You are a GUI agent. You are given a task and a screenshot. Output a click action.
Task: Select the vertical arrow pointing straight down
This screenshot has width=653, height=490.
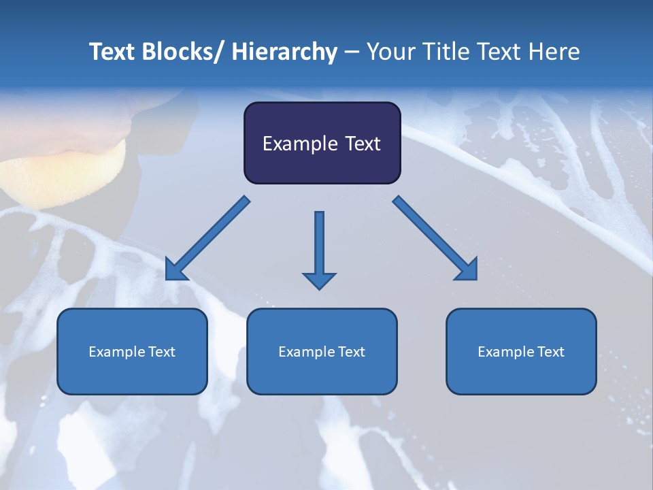(x=319, y=245)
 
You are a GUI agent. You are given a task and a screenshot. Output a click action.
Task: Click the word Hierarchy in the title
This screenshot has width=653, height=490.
(x=284, y=52)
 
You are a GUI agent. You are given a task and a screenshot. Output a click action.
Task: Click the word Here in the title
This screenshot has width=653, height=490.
(x=554, y=52)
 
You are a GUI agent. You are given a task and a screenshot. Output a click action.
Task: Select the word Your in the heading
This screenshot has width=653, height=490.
(x=390, y=52)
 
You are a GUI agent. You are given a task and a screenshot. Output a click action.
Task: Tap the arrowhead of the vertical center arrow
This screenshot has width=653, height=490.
(x=319, y=280)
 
